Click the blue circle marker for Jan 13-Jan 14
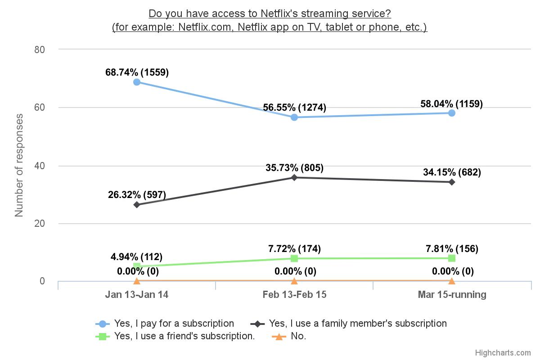click(137, 82)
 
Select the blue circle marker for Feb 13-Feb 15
click(294, 117)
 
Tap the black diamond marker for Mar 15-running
click(452, 182)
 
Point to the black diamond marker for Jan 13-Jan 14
click(137, 205)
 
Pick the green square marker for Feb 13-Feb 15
click(294, 258)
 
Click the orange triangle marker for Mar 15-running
click(452, 281)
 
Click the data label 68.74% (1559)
click(137, 72)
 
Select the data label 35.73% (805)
click(294, 168)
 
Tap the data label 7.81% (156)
click(452, 248)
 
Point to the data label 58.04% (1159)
click(452, 104)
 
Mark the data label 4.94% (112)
click(137, 257)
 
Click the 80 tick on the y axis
click(40, 49)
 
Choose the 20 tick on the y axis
click(40, 224)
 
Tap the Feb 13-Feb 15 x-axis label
click(294, 295)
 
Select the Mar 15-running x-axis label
click(452, 295)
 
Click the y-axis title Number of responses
click(19, 165)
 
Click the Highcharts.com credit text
click(503, 353)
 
